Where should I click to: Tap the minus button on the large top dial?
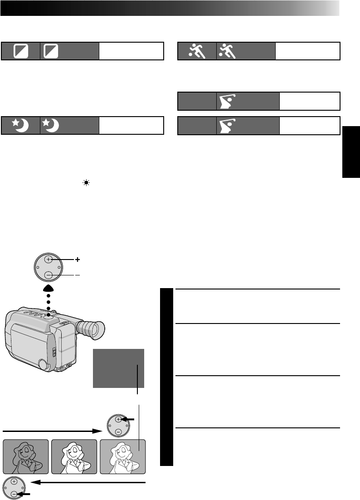point(49,275)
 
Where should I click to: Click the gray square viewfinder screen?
point(118,368)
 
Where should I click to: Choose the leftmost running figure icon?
point(197,51)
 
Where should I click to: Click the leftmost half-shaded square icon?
point(21,51)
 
